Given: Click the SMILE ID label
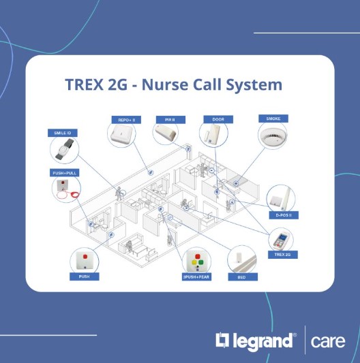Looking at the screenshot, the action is pyautogui.click(x=63, y=133).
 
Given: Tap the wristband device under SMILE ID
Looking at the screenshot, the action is pyautogui.click(x=65, y=149).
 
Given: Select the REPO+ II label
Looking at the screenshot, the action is pyautogui.click(x=126, y=120).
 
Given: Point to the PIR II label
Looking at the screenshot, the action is pyautogui.click(x=170, y=120).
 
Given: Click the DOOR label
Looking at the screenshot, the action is pyautogui.click(x=218, y=119).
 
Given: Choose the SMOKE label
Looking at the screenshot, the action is pyautogui.click(x=273, y=119).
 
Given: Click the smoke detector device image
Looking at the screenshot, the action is pyautogui.click(x=273, y=137).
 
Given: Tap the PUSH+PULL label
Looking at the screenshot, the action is pyautogui.click(x=65, y=173).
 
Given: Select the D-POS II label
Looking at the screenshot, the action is pyautogui.click(x=284, y=215).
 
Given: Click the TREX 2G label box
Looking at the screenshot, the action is pyautogui.click(x=283, y=255).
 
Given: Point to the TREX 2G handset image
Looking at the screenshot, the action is pyautogui.click(x=281, y=240).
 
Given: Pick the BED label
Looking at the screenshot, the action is pyautogui.click(x=243, y=277).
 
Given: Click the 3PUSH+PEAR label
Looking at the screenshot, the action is pyautogui.click(x=196, y=277).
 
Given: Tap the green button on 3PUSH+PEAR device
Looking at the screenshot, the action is pyautogui.click(x=200, y=262).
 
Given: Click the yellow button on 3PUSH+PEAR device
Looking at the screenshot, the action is pyautogui.click(x=194, y=262).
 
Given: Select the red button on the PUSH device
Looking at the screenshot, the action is pyautogui.click(x=85, y=257).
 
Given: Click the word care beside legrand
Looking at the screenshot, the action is pyautogui.click(x=328, y=341).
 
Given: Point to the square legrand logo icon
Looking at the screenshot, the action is pyautogui.click(x=222, y=340).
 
